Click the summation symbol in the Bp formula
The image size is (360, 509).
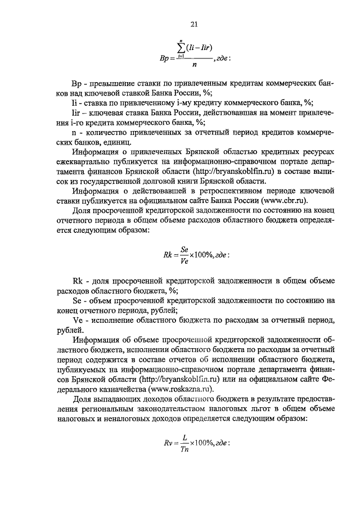181,47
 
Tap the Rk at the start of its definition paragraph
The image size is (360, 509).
78,281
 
